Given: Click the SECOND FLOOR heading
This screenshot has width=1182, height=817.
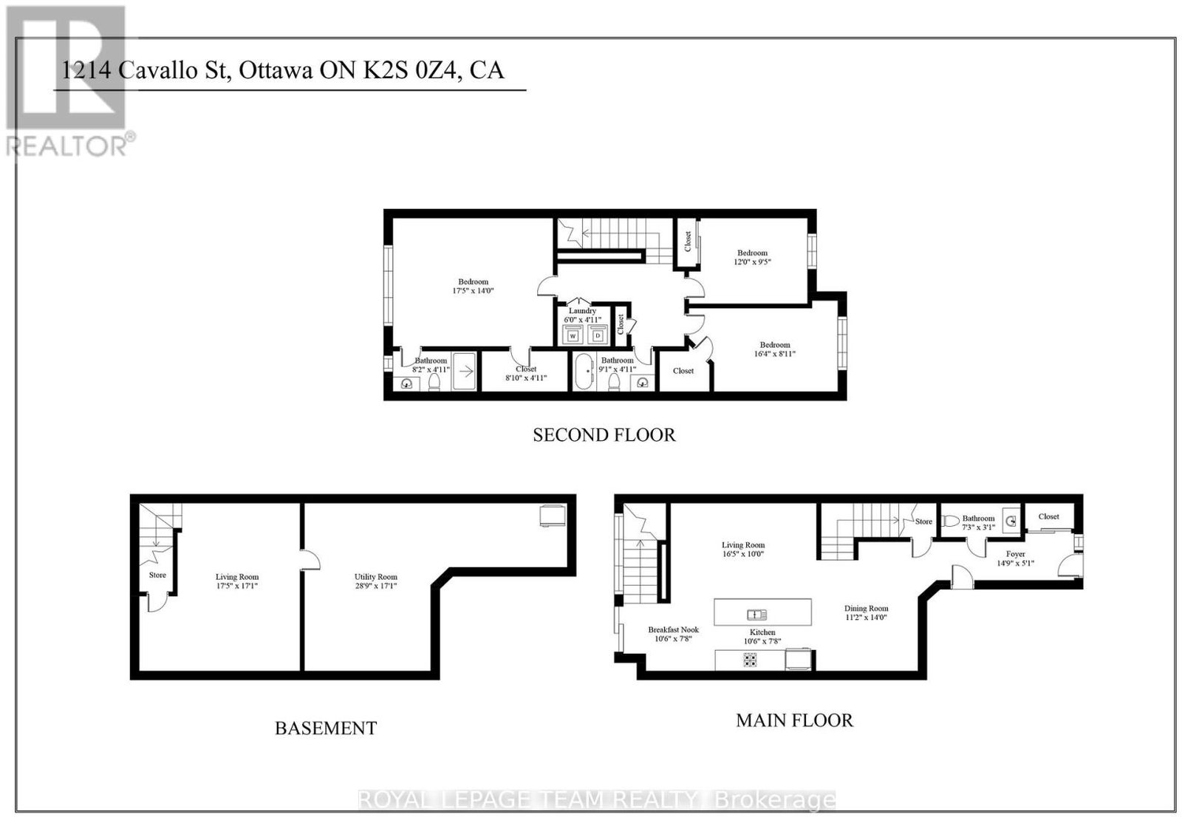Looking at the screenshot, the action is [x=604, y=435].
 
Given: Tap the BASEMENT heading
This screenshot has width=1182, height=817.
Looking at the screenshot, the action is [x=326, y=728].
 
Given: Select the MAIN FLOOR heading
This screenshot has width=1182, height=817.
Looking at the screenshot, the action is [x=794, y=720].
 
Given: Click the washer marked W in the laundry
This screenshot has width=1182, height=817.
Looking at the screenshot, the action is [x=573, y=335].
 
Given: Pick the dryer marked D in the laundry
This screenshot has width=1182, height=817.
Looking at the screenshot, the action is [x=598, y=335].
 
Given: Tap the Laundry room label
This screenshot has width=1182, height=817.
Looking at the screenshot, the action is [x=582, y=311].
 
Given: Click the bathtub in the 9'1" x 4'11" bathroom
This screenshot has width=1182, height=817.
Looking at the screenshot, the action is [x=584, y=372].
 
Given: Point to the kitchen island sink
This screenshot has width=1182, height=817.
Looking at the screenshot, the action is [x=756, y=615].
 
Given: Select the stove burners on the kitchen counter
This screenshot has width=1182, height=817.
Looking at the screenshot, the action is [x=750, y=660].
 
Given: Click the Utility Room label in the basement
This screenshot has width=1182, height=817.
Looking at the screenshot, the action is [x=376, y=577].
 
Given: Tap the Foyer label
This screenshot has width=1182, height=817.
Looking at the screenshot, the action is [x=1015, y=554].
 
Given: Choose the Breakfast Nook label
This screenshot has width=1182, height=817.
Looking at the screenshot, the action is [x=673, y=629].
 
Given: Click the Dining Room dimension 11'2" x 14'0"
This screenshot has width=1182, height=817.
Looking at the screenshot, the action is [x=866, y=617].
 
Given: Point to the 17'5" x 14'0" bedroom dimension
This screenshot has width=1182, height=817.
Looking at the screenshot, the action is [x=473, y=290].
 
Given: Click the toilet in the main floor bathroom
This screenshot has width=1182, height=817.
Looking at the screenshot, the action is [x=950, y=521].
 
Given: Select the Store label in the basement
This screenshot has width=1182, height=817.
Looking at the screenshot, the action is [x=157, y=575].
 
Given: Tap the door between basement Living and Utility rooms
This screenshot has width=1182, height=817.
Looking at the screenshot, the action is [x=311, y=560].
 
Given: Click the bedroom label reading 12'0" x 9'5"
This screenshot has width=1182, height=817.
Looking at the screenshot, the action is [x=753, y=261].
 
